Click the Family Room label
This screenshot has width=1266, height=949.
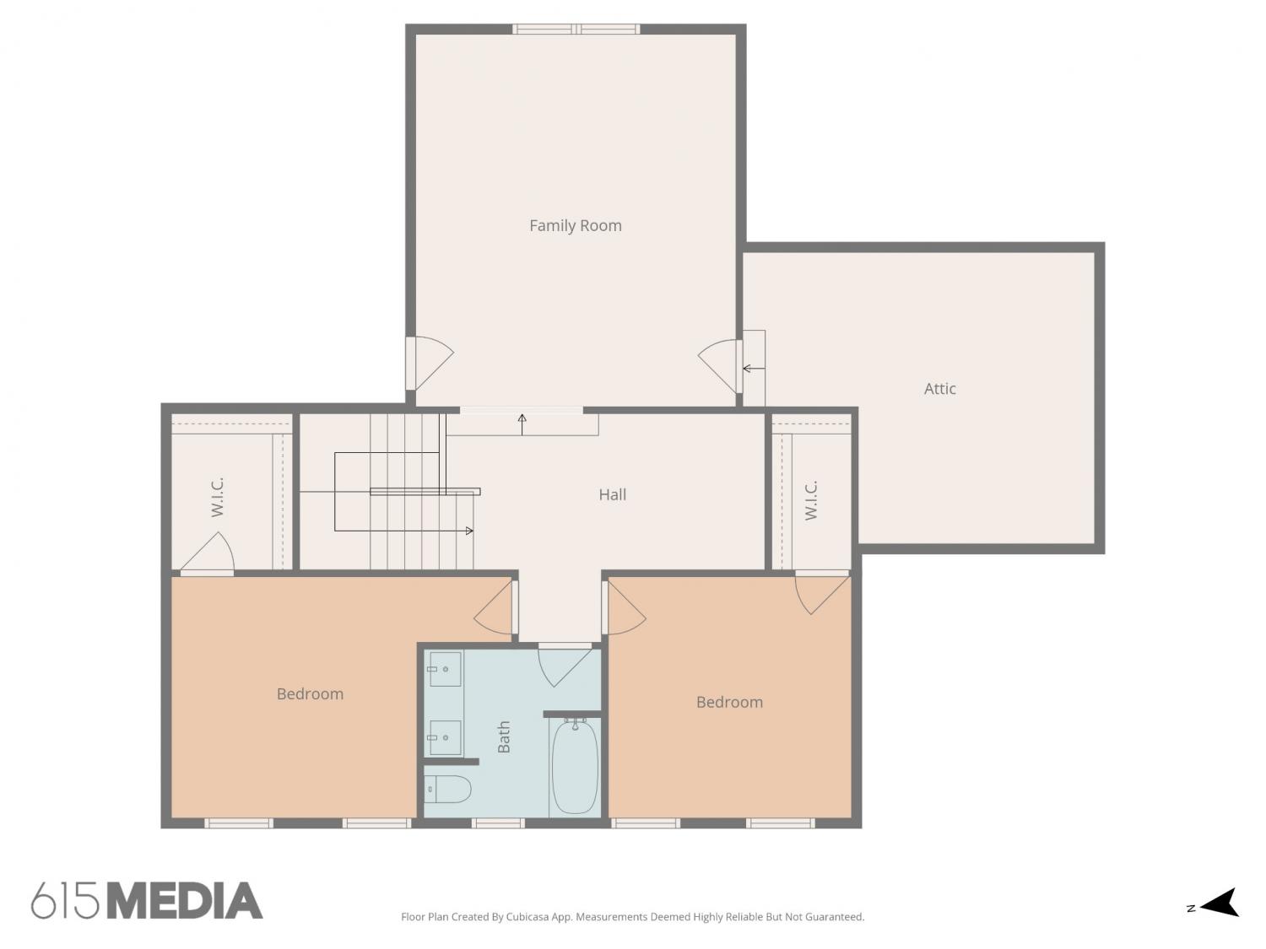[x=575, y=226]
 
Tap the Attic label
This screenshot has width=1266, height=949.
[x=939, y=389]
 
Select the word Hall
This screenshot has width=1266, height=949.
[x=612, y=494]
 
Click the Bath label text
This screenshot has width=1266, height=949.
[x=504, y=736]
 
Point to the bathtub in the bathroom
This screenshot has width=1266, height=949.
[x=575, y=766]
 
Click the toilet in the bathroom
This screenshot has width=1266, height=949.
[x=447, y=789]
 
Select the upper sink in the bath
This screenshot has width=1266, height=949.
[x=444, y=669]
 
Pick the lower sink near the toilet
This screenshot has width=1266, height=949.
[x=444, y=737]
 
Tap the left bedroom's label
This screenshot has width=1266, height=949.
[x=310, y=693]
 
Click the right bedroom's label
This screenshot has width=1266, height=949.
[x=729, y=702]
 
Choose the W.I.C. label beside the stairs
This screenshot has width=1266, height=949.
[x=217, y=497]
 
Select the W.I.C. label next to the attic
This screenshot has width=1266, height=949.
[x=810, y=500]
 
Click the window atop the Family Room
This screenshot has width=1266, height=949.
[x=576, y=29]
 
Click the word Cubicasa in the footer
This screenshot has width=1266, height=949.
[x=527, y=917]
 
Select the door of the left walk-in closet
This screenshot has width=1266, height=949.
[x=208, y=554]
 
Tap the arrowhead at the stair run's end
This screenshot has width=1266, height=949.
[x=469, y=531]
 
